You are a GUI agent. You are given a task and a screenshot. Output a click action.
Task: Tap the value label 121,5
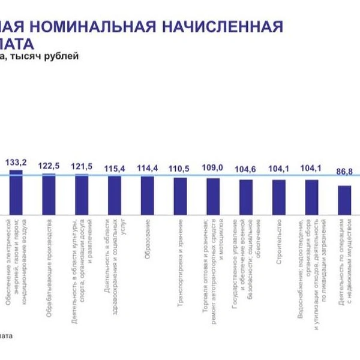click(82, 166)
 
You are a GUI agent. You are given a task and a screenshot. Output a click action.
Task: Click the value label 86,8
click(344, 172)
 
